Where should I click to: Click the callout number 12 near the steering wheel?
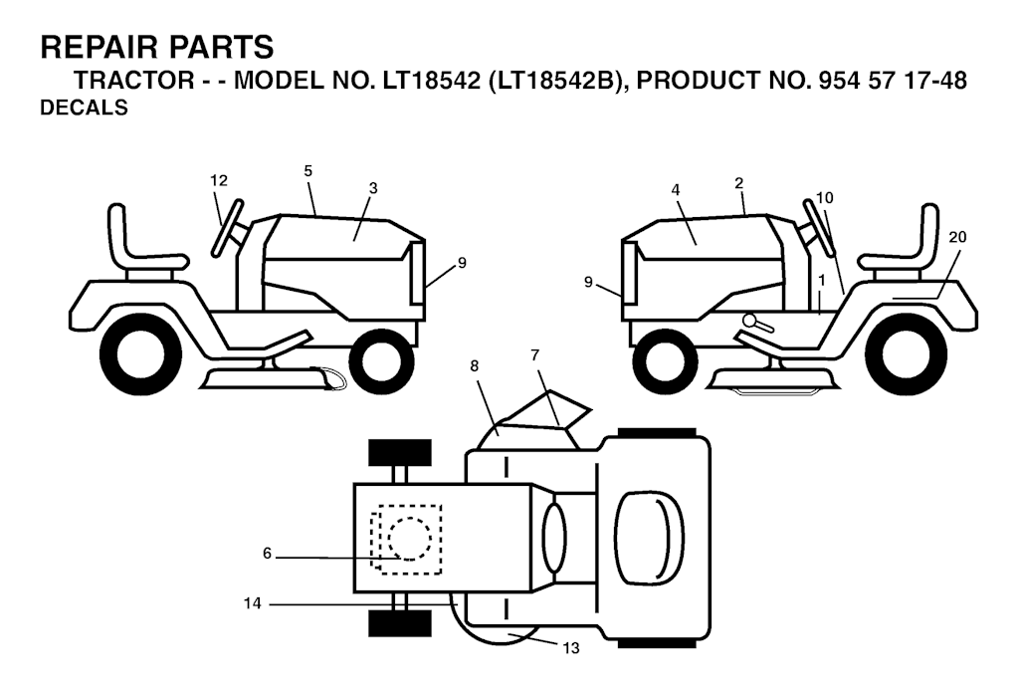pyautogui.click(x=219, y=181)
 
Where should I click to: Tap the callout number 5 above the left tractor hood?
pyautogui.click(x=308, y=171)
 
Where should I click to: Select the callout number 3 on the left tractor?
pyautogui.click(x=372, y=188)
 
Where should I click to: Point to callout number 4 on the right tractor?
pyautogui.click(x=676, y=190)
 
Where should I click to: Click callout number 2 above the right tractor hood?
pyautogui.click(x=739, y=183)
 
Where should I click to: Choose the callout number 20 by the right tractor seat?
pyautogui.click(x=958, y=237)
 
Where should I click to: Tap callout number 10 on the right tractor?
pyautogui.click(x=825, y=197)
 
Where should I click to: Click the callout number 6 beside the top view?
pyautogui.click(x=267, y=553)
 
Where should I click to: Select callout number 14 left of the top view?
pyautogui.click(x=252, y=603)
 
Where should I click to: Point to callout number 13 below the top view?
pyautogui.click(x=571, y=648)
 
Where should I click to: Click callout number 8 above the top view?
pyautogui.click(x=475, y=366)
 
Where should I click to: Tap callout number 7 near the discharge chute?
pyautogui.click(x=534, y=355)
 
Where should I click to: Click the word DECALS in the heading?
pyautogui.click(x=84, y=108)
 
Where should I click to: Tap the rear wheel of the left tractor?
pyautogui.click(x=140, y=355)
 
